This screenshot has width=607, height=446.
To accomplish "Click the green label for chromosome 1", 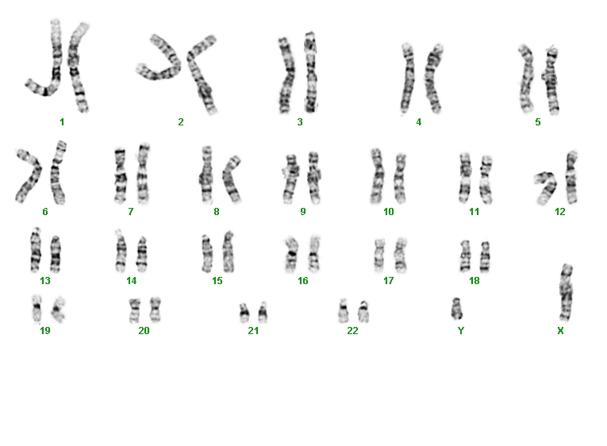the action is tap(62, 122).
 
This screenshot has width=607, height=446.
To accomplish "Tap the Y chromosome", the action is tap(457, 309).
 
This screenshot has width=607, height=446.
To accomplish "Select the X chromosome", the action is tap(566, 292).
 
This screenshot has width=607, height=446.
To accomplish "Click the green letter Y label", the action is tap(461, 331).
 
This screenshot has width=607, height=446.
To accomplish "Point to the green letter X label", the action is tap(560, 331).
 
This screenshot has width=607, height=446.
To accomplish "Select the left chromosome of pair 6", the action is tap(30, 176).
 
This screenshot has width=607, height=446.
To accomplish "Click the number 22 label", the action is tap(352, 331).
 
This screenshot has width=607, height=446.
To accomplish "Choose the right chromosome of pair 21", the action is tap(263, 312).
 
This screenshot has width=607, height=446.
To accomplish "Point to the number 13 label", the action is tap(45, 281).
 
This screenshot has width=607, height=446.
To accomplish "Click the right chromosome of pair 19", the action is tap(58, 310).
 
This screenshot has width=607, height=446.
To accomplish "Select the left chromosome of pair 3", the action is tap(286, 75).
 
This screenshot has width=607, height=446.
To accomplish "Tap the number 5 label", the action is tap(538, 122).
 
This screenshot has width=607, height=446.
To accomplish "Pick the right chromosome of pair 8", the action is tap(232, 179).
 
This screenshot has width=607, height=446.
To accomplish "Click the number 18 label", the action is tap(474, 281).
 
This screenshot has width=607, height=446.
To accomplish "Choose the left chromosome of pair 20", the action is tap(135, 310).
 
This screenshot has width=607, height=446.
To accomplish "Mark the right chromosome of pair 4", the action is tap(432, 79).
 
